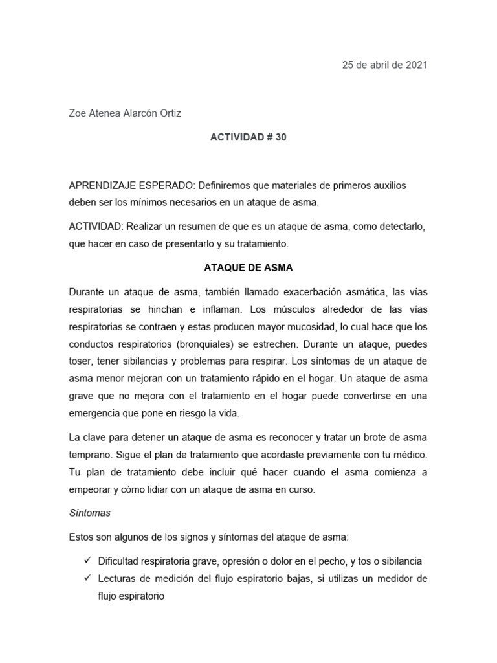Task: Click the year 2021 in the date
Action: [415, 65]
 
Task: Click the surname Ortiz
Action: [169, 113]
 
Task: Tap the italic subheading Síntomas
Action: [90, 513]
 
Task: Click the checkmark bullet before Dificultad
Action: [85, 561]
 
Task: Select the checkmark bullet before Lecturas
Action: [85, 578]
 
